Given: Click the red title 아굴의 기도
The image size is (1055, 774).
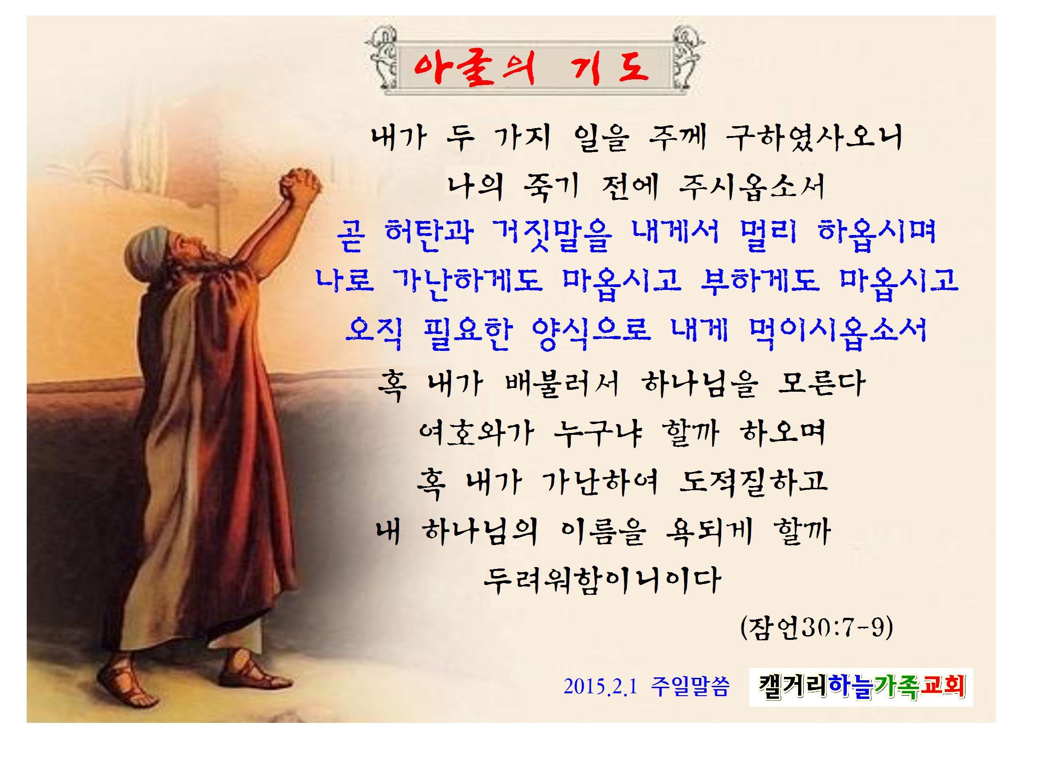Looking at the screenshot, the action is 531,68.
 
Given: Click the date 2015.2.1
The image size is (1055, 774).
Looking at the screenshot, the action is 601,687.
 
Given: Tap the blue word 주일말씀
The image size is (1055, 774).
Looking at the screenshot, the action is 690,687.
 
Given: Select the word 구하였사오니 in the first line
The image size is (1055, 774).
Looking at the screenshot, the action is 814,138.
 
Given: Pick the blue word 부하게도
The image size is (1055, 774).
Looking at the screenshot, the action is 759,281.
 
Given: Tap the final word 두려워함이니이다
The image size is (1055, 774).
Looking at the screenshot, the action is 603,580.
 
